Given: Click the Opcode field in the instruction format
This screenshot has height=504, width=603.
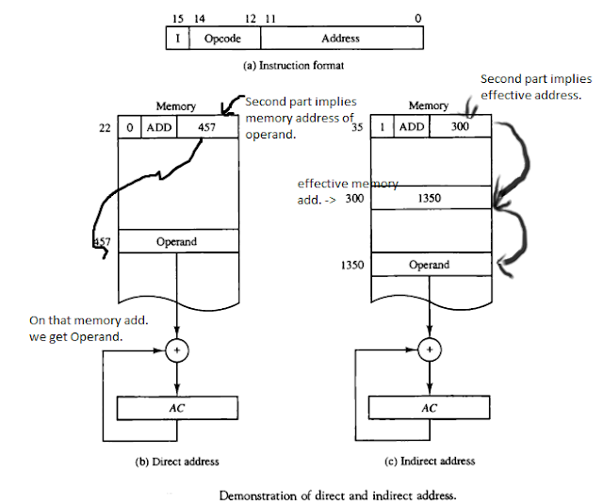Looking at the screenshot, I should tap(224, 39).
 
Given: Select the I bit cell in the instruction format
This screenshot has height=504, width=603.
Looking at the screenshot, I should tap(177, 39).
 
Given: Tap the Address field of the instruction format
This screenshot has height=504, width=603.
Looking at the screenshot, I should tap(340, 39).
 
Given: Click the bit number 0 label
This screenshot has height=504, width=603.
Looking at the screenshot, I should tap(417, 18).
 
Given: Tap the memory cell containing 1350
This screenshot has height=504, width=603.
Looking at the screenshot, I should tap(432, 198).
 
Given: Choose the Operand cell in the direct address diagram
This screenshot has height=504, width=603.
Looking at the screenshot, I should tap(176, 242).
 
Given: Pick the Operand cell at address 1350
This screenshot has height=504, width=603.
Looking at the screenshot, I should tap(432, 265).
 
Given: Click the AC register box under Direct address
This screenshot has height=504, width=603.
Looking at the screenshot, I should tap(176, 408).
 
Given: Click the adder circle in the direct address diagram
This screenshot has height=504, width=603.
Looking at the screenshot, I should tap(176, 350).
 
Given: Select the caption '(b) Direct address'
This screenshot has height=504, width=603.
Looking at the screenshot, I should tap(179, 462).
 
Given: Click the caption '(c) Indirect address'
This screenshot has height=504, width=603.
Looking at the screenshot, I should tap(432, 462).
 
